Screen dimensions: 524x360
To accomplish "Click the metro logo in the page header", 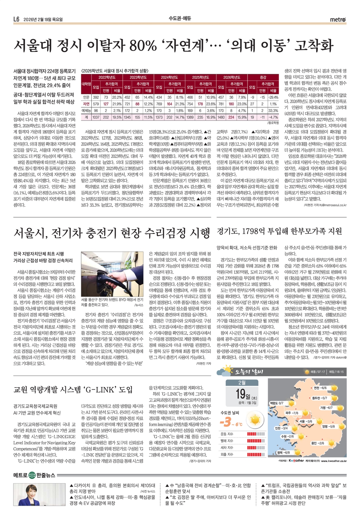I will point(338,20).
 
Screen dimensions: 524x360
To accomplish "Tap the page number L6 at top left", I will point(17,20).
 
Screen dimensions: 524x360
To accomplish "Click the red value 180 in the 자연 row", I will point(231,104).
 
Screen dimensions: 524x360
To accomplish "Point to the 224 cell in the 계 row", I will point(231,117).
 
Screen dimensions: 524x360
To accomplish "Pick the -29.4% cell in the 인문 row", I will point(273,97).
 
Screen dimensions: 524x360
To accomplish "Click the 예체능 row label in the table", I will point(86,110).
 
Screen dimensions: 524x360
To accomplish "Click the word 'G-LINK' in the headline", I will point(101,389).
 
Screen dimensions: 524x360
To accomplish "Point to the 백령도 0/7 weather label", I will point(276,403).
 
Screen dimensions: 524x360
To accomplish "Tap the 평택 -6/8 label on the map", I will point(283,453).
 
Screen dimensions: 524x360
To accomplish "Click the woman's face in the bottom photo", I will point(38,491).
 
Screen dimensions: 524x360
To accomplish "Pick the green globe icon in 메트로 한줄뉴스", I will point(32,475).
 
